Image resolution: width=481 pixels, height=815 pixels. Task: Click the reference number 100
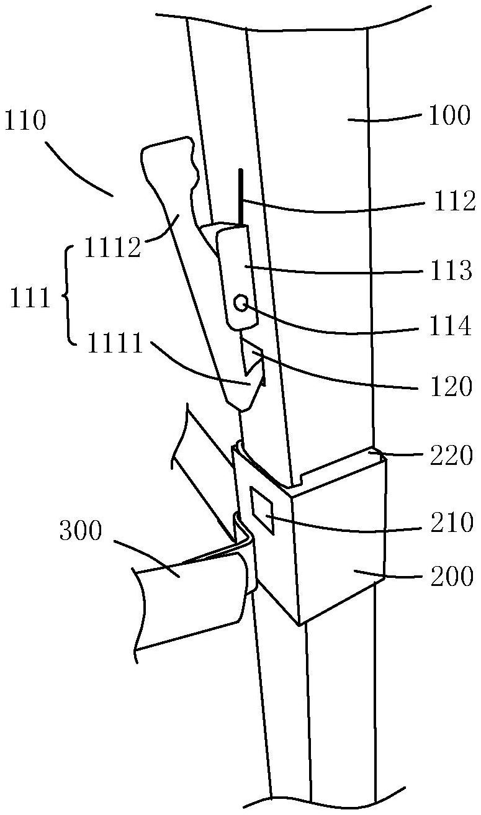(x=450, y=115)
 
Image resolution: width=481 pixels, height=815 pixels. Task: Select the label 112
(x=455, y=201)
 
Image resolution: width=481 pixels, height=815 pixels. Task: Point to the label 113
(x=451, y=270)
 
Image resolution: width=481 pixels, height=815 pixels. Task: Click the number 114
(x=451, y=326)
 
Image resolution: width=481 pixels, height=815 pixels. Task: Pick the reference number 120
(x=451, y=386)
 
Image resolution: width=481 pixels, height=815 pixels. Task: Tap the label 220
(x=452, y=455)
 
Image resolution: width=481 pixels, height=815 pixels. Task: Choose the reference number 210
(x=452, y=523)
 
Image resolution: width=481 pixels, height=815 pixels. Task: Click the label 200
(x=452, y=576)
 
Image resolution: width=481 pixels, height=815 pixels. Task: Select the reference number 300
(x=81, y=531)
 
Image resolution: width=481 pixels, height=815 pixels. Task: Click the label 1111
(x=115, y=343)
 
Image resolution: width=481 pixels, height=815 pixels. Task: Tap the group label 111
(x=30, y=297)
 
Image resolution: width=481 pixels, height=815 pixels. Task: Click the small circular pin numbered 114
(x=241, y=303)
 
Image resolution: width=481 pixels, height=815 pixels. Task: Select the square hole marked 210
(x=261, y=511)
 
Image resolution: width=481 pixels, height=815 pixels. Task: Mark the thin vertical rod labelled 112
(x=241, y=198)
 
